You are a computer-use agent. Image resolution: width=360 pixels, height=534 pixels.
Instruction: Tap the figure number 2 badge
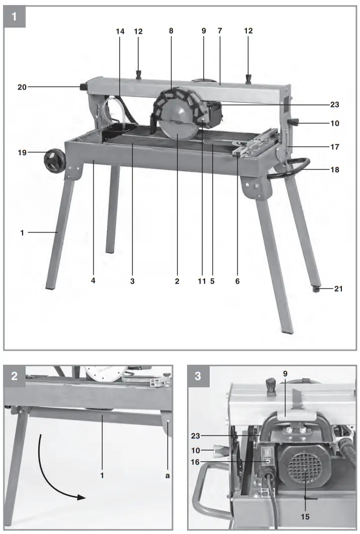[x=14, y=376]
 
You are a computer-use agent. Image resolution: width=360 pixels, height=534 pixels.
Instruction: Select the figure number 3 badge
[x=198, y=376]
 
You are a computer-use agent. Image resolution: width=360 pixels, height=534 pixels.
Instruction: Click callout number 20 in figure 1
[x=22, y=87]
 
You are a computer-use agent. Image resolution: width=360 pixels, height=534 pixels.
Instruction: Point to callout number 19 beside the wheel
[x=22, y=151]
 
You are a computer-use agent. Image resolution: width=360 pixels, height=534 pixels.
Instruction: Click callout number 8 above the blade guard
[x=171, y=31]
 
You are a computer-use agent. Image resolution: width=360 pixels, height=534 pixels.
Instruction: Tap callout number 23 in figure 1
[x=335, y=105]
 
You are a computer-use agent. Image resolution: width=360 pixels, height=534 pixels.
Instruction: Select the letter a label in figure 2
[x=167, y=475]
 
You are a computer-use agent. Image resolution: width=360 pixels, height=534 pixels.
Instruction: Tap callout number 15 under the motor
[x=305, y=517]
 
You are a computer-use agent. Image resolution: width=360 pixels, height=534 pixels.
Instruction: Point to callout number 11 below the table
[x=202, y=281]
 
